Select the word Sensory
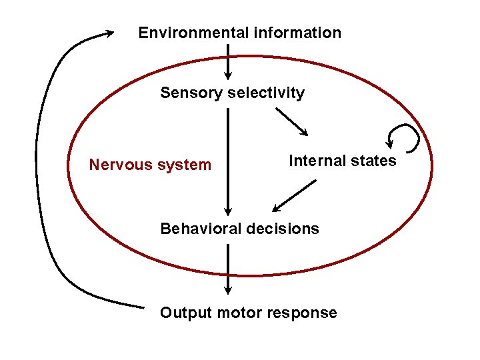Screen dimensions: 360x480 tap(191, 93)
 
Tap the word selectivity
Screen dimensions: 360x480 tap(266, 93)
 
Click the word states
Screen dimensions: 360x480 tap(373, 161)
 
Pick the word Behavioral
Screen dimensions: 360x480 tap(201, 229)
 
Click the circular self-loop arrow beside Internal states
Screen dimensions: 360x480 tap(404, 137)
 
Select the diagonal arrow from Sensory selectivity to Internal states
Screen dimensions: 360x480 tap(291, 121)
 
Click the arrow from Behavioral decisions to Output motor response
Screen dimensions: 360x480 tap(228, 269)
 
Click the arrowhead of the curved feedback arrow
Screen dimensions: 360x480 tap(108, 34)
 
